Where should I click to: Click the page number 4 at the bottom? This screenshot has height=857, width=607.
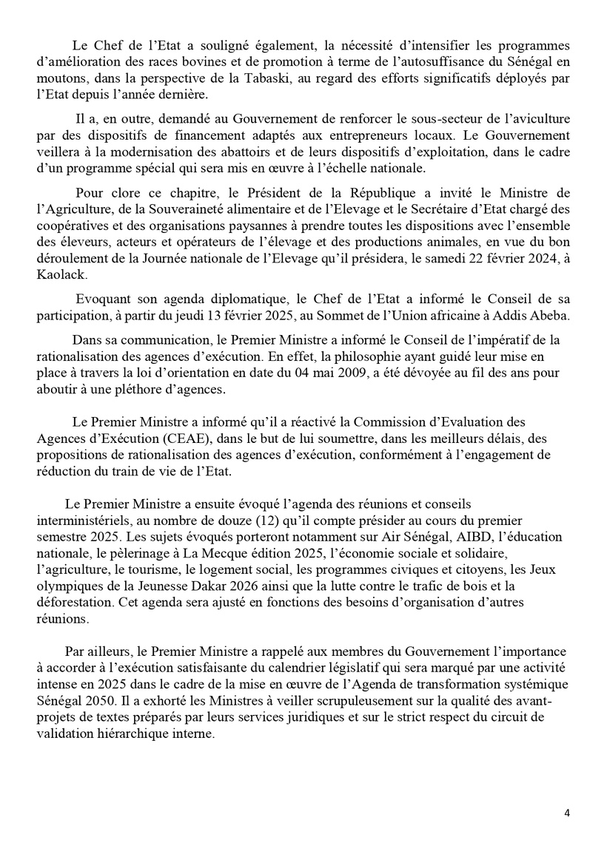(567, 813)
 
